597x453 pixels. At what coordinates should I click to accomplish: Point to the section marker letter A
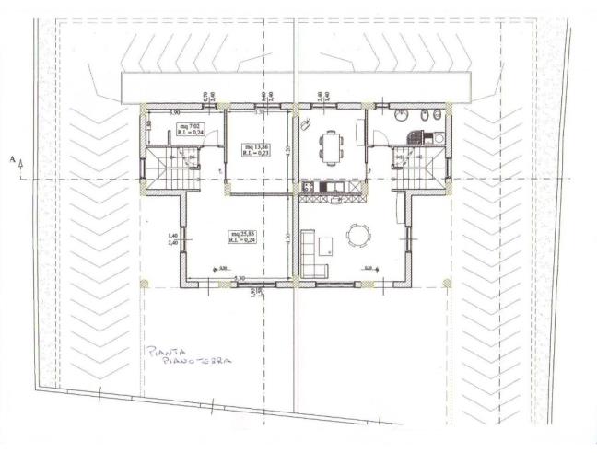click(x=12, y=160)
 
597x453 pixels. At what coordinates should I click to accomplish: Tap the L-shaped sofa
click(x=311, y=256)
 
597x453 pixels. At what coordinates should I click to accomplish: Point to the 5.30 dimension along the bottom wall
click(x=240, y=278)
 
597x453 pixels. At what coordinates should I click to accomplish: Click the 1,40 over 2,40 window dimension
click(x=171, y=239)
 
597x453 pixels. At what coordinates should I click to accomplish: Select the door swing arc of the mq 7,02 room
click(x=210, y=134)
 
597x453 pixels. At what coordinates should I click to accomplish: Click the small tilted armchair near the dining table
click(x=307, y=122)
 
